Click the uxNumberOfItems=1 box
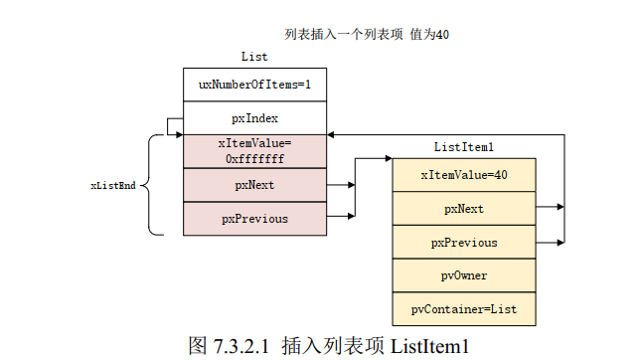click(x=254, y=85)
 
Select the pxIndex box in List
click(x=254, y=118)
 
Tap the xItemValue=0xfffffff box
click(x=254, y=151)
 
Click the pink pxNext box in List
click(x=254, y=185)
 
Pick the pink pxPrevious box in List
click(x=254, y=219)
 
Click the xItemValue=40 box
click(x=464, y=175)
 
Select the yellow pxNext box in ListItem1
click(x=464, y=209)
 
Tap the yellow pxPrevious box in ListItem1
click(x=464, y=242)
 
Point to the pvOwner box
click(x=464, y=275)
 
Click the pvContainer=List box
click(x=464, y=309)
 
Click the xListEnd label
click(x=112, y=185)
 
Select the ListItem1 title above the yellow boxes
click(x=464, y=147)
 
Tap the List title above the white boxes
click(x=254, y=57)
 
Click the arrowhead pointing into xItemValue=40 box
click(x=388, y=158)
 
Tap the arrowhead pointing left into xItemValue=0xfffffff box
click(x=330, y=135)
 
